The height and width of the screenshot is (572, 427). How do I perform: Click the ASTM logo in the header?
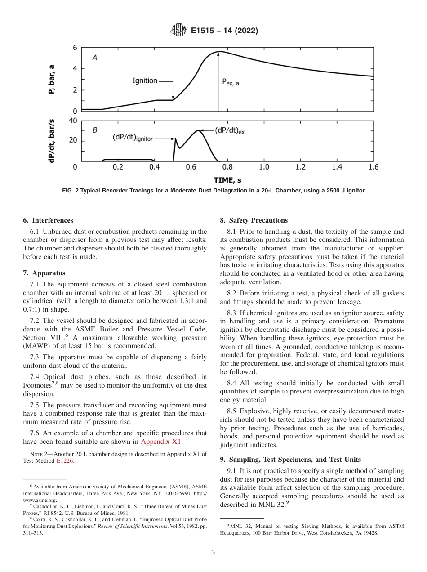click(179, 31)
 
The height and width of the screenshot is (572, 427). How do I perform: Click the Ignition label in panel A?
click(145, 81)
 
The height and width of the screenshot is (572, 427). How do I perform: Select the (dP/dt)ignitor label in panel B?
click(133, 138)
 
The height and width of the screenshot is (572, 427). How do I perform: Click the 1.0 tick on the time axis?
click(264, 167)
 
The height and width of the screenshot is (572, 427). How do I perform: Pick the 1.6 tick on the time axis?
click(373, 167)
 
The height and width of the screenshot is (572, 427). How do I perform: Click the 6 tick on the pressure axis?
click(75, 48)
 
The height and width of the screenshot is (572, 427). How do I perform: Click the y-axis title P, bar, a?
click(52, 79)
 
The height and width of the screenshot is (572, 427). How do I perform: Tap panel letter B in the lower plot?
click(95, 130)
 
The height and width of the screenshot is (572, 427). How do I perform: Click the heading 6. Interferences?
click(48, 220)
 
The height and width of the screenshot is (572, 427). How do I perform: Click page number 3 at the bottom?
click(213, 553)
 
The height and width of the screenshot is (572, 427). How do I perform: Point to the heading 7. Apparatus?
click(44, 273)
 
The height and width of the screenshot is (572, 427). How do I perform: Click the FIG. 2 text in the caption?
click(71, 191)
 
